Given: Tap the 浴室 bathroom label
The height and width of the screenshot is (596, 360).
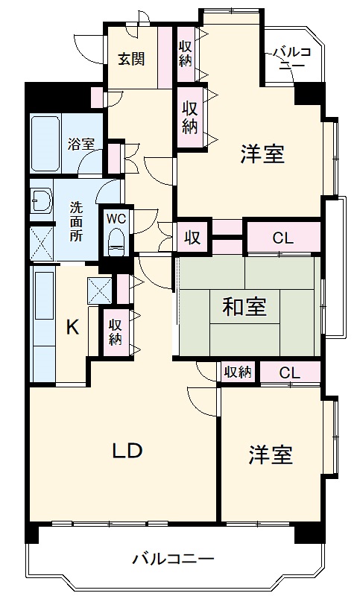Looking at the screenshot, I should click(x=80, y=143).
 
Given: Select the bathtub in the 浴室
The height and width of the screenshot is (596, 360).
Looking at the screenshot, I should click(x=46, y=144).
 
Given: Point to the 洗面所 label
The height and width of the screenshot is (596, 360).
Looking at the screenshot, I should click(x=77, y=221).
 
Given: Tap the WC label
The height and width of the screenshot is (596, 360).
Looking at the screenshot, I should click(x=116, y=218).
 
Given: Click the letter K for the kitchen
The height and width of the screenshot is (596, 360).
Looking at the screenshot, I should click(x=72, y=326).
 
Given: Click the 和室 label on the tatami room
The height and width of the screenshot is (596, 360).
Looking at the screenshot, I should click(x=244, y=306).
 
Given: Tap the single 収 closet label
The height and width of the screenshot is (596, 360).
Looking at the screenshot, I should click(x=192, y=238).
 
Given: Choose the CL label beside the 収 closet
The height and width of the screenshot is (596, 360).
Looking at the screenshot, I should click(x=282, y=238).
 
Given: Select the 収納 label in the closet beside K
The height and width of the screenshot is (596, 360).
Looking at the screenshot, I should click(x=115, y=331).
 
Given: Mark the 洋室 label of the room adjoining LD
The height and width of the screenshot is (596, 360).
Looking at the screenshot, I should click(x=270, y=454).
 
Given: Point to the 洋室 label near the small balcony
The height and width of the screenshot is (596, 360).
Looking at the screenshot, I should click(x=262, y=154).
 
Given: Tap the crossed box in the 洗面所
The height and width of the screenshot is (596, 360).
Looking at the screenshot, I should click(x=40, y=241).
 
